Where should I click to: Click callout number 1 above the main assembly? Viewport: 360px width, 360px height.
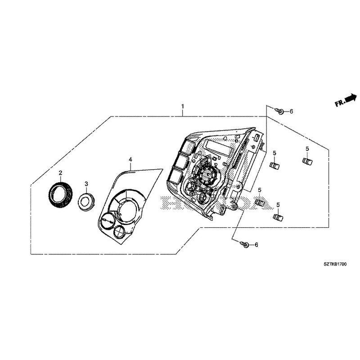point(182,106)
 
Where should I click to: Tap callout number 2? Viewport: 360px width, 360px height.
point(60,172)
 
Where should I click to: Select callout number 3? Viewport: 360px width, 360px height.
point(86,184)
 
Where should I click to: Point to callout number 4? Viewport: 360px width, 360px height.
point(130,160)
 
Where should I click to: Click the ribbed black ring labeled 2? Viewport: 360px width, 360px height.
point(60,194)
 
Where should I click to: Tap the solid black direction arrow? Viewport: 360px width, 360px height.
point(351,98)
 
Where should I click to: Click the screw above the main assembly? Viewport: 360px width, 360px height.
point(279,111)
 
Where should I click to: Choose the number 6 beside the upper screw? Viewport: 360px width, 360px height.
point(291,111)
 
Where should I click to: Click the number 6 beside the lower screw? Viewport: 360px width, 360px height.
point(256,245)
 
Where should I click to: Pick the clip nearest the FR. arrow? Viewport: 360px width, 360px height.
point(308,161)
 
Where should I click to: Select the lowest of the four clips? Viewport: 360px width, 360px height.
point(278,218)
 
